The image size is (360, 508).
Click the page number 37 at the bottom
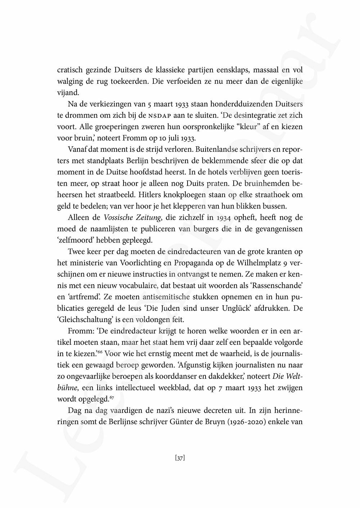[x=180, y=458]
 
